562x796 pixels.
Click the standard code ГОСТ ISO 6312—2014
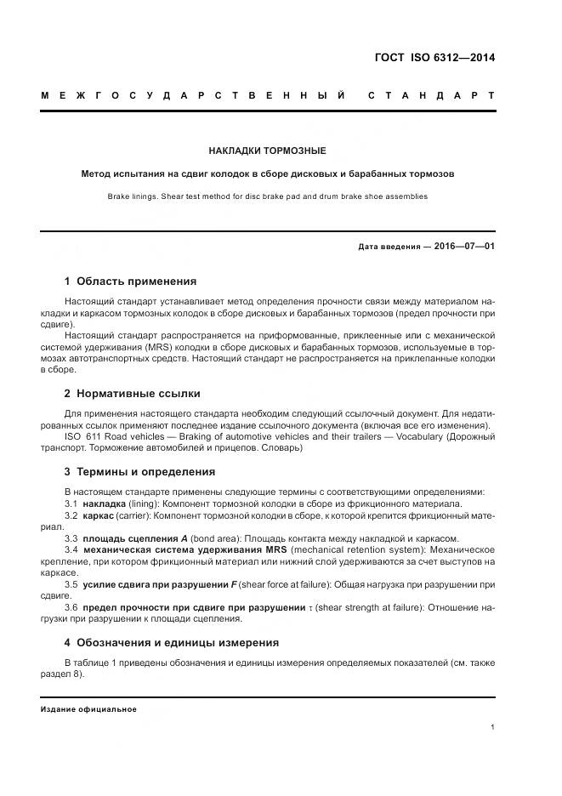(x=434, y=59)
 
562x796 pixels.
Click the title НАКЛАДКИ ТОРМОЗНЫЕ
(x=268, y=151)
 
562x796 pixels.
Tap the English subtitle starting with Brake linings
(x=268, y=196)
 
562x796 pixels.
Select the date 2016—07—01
(x=465, y=247)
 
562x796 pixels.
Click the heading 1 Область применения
(x=130, y=281)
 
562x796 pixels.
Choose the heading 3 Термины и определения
(x=139, y=471)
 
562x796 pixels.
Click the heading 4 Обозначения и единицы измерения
(x=171, y=643)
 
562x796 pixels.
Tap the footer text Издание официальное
(x=88, y=708)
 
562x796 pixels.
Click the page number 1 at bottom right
(x=492, y=727)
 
